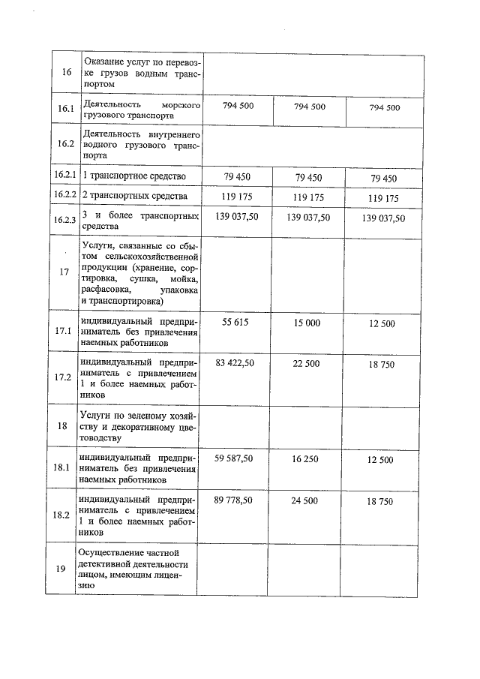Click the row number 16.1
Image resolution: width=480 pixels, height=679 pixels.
pyautogui.click(x=64, y=109)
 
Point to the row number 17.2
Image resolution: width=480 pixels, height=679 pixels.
pyautogui.click(x=64, y=377)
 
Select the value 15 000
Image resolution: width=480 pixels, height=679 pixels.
pyautogui.click(x=309, y=322)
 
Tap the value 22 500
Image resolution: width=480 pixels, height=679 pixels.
pyautogui.click(x=309, y=364)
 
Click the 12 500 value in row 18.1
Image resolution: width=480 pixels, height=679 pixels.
pyautogui.click(x=380, y=460)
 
